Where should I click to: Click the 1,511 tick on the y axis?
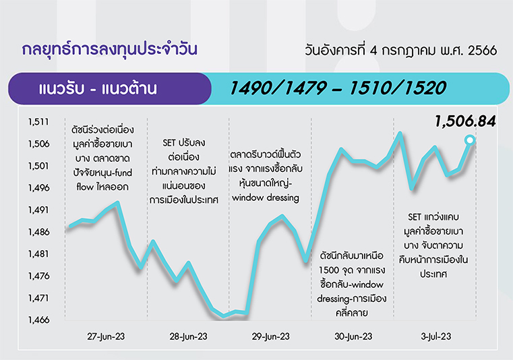pos(38,122)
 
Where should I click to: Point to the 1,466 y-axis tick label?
pos(38,320)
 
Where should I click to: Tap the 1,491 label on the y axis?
pos(38,210)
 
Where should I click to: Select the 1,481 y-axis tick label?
pos(38,254)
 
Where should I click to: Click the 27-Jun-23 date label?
pos(106,336)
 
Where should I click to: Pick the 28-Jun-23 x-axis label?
pos(189,336)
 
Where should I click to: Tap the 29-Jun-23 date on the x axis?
pos(271,336)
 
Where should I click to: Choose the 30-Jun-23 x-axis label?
pos(353,336)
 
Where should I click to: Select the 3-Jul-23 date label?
pos(435,336)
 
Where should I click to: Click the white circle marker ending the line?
pos(470,140)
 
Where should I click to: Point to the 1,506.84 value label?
pos(465,121)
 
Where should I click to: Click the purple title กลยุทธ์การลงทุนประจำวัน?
pos(110,49)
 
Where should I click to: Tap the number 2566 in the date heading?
pos(482,51)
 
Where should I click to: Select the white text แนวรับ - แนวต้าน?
pos(98,89)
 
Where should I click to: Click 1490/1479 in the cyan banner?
pos(278,88)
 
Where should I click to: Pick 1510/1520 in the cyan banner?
pos(398,88)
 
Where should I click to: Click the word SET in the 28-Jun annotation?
pos(169,143)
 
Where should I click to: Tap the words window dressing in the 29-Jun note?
pos(266,198)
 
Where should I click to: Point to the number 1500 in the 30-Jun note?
pos(329,270)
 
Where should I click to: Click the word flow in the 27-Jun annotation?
pos(85,187)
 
